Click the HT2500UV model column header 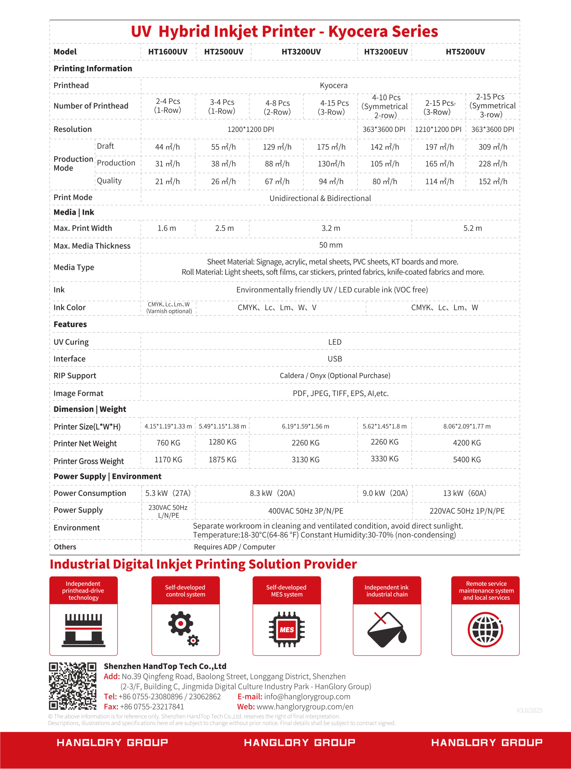[x=224, y=52]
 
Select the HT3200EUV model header [x=386, y=52]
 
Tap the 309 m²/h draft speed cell [x=493, y=147]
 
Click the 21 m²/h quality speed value [x=167, y=181]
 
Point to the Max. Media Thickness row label [x=92, y=246]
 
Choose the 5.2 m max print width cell [x=472, y=228]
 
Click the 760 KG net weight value [x=168, y=443]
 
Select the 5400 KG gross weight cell [x=466, y=460]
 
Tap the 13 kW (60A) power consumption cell [x=465, y=493]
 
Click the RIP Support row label [x=75, y=376]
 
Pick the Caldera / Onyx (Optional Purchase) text [x=335, y=376]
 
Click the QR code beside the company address [x=73, y=686]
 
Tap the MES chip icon [x=287, y=629]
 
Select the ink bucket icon [x=387, y=629]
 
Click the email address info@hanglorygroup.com [x=307, y=696]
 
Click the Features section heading [x=70, y=324]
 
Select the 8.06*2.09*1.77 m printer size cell [x=466, y=426]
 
